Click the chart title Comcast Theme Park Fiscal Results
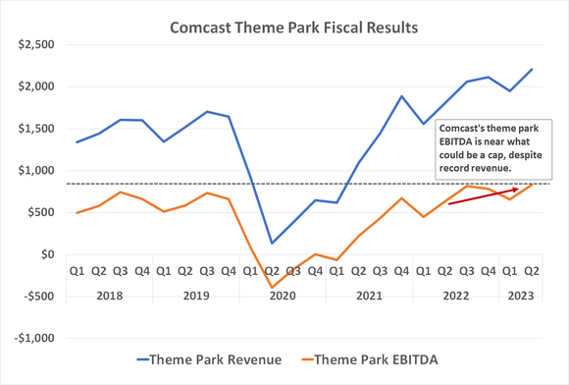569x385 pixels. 292,27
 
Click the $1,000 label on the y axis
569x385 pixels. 34,170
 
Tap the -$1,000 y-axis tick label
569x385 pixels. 32,338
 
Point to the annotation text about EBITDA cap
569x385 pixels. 488,148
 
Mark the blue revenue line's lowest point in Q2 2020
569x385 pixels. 271,243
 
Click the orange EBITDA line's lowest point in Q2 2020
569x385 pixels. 271,288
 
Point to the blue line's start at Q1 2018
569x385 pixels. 78,141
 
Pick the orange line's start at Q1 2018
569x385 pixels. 78,212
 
